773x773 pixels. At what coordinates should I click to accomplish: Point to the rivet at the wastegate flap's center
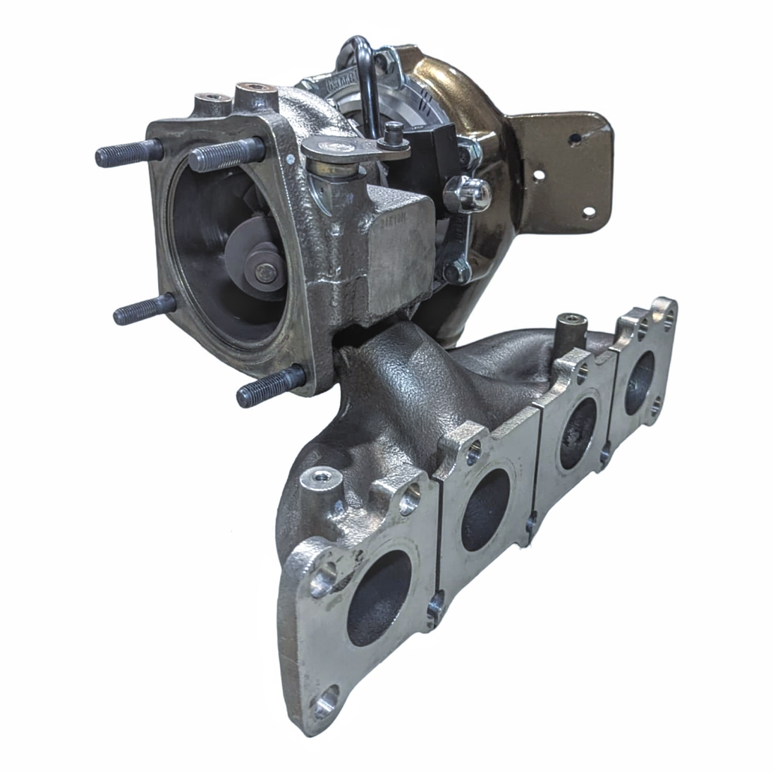266,273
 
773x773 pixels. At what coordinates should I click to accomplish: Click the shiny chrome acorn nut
474,193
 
